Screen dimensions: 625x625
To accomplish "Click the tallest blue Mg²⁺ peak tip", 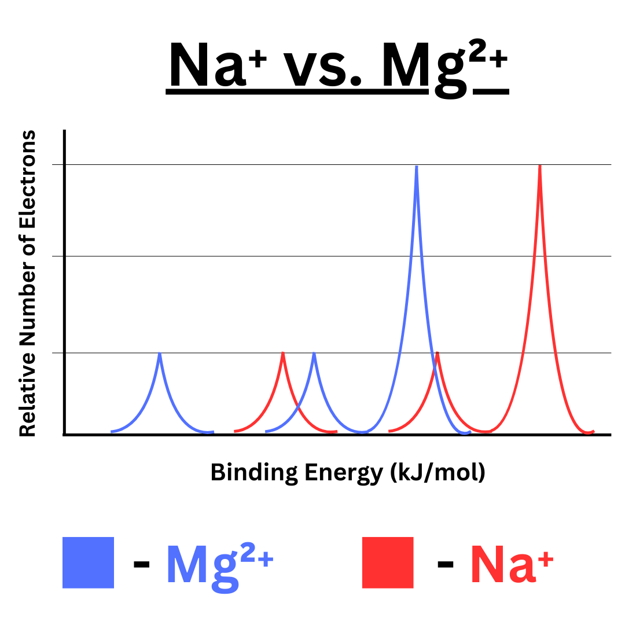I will pyautogui.click(x=417, y=167).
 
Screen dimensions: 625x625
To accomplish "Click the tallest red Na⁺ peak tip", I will pyautogui.click(x=540, y=167).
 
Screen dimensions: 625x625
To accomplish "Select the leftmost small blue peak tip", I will pyautogui.click(x=160, y=354).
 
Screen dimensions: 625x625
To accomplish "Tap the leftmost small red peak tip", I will pyautogui.click(x=283, y=353).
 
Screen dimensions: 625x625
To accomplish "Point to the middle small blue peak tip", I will pyautogui.click(x=314, y=353).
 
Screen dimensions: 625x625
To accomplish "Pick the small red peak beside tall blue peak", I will pyautogui.click(x=437, y=353).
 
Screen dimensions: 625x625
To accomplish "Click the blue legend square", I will pyautogui.click(x=88, y=562).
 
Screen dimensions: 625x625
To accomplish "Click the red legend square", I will pyautogui.click(x=388, y=562).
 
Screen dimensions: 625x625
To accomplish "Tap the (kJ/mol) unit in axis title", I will pyautogui.click(x=437, y=473).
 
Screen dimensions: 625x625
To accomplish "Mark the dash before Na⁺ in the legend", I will pyautogui.click(x=446, y=564).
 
